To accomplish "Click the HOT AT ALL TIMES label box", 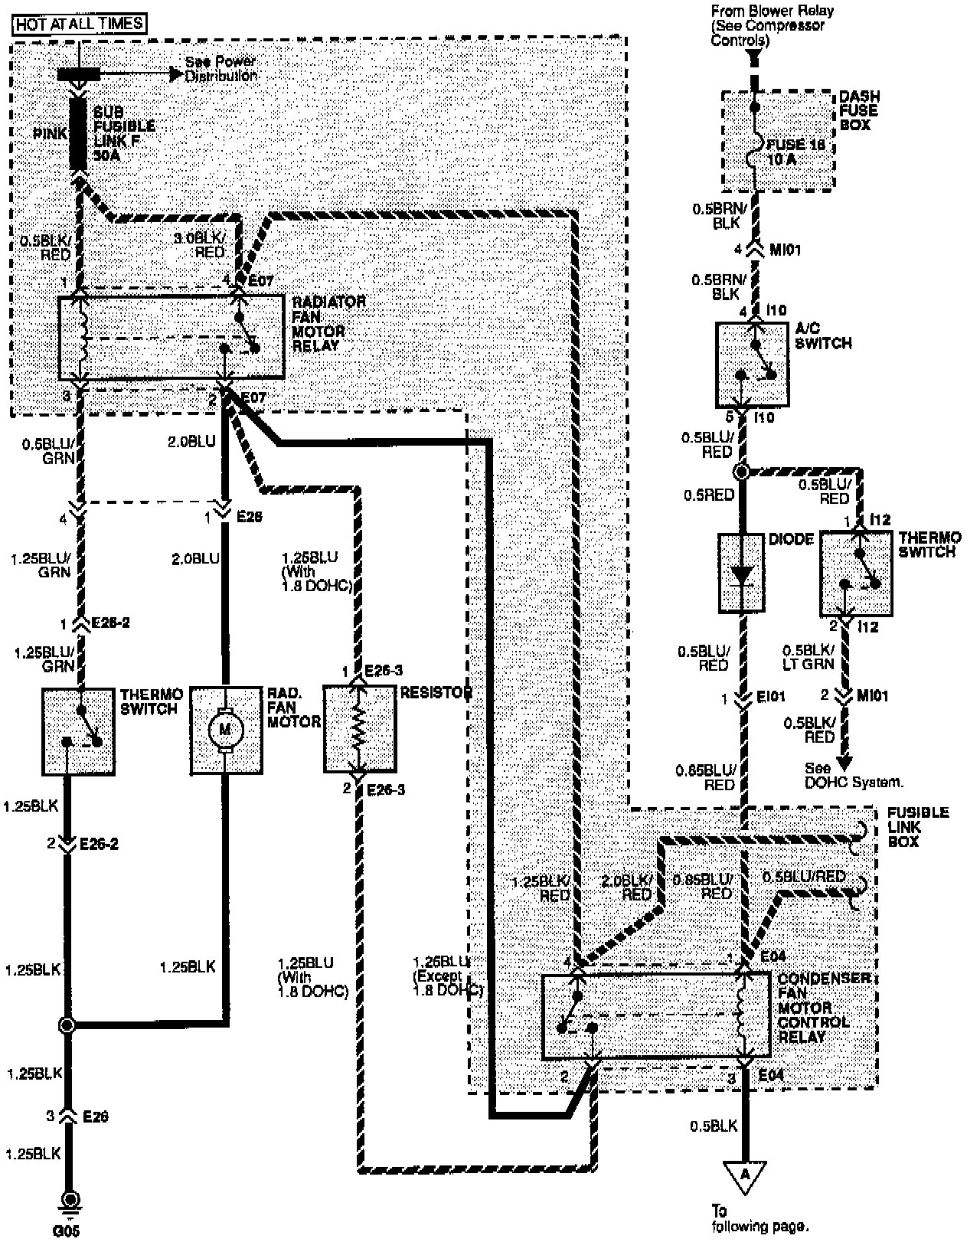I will click(80, 24).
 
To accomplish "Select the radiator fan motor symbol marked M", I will click(225, 730).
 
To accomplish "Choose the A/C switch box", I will click(752, 364).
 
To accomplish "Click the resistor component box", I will click(359, 730).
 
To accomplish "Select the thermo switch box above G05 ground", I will click(79, 731).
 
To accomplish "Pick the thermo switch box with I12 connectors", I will click(855, 573).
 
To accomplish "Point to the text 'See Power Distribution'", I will click(220, 68).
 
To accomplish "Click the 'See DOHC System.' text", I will click(854, 775).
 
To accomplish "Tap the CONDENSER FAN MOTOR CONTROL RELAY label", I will click(813, 1008).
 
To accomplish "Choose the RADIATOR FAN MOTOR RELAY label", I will click(328, 324).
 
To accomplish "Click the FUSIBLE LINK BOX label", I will click(918, 827).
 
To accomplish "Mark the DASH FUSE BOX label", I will click(859, 110).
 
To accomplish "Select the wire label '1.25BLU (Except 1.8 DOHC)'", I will click(449, 975).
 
